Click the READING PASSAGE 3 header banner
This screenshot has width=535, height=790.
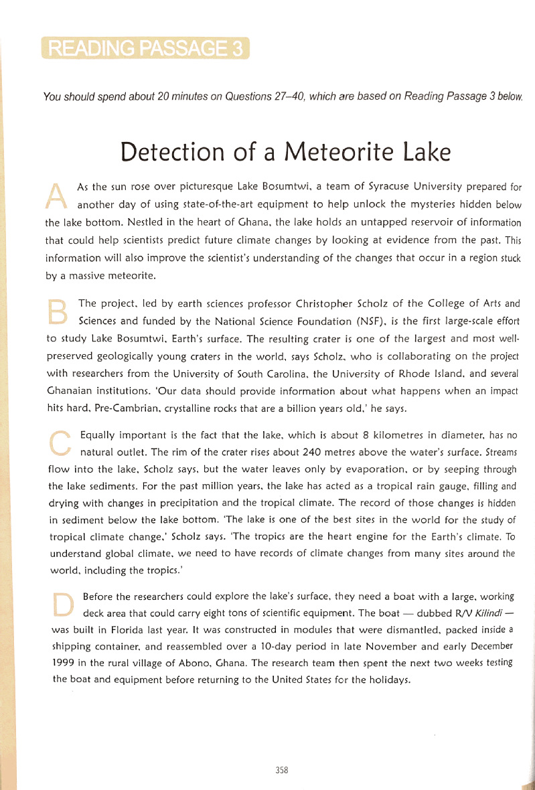(145, 50)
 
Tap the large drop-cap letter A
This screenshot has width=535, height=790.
(58, 193)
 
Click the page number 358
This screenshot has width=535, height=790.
(281, 770)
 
